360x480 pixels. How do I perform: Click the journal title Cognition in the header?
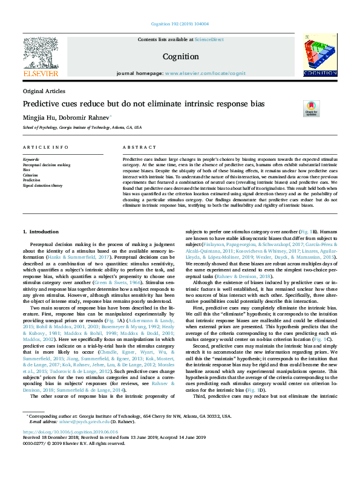180,57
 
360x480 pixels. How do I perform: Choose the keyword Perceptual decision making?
47,164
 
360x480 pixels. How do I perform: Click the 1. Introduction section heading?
41,215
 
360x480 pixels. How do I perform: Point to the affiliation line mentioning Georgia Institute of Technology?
82,128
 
